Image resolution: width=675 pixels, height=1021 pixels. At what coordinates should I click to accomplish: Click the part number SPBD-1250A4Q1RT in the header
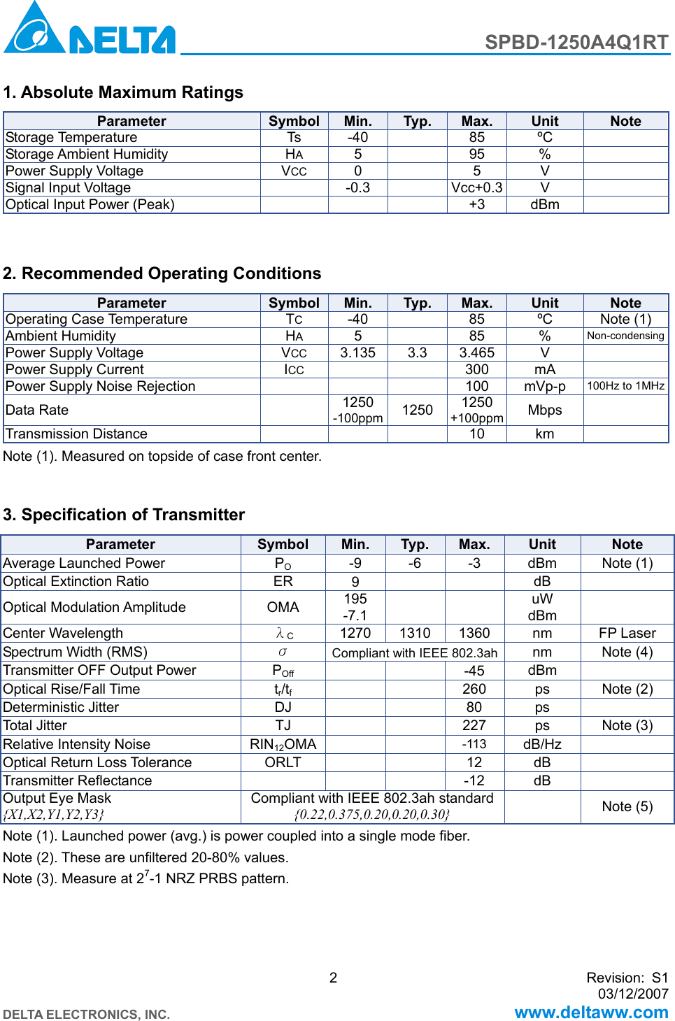(x=576, y=43)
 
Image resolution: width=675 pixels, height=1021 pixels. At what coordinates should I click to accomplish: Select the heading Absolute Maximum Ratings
(x=123, y=92)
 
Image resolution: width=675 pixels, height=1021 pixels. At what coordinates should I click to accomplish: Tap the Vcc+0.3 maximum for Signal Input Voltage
(x=476, y=187)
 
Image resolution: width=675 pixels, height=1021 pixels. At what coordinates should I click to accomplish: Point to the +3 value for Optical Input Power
(x=476, y=204)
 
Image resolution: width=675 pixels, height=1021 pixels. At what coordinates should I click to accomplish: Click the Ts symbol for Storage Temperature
(x=294, y=137)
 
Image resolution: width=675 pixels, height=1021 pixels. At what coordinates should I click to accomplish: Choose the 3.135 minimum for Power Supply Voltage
(x=357, y=352)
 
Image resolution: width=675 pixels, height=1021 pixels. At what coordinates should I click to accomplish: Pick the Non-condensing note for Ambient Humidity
(x=625, y=336)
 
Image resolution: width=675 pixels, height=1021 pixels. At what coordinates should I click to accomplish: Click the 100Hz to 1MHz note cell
(x=625, y=386)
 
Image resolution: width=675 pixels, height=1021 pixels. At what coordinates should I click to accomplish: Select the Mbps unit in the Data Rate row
(x=544, y=410)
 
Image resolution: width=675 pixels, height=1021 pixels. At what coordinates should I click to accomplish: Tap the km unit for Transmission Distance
(x=544, y=434)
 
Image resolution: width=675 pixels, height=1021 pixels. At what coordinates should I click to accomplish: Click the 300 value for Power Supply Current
(x=476, y=369)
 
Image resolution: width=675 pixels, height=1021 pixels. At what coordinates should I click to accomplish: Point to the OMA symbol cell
(x=283, y=607)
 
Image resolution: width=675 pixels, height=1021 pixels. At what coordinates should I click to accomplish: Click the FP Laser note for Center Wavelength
(x=627, y=633)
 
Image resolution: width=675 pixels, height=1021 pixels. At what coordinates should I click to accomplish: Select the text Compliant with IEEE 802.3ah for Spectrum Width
(x=414, y=652)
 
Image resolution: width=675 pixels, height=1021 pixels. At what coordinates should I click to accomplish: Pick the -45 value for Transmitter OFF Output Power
(x=474, y=671)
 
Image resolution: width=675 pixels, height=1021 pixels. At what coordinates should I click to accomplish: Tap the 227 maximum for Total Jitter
(x=474, y=725)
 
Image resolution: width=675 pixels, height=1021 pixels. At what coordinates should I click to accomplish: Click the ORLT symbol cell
(x=283, y=762)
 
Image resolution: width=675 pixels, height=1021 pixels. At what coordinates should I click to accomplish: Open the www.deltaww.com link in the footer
(x=591, y=1012)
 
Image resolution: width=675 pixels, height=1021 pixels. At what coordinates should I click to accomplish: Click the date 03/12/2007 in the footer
(x=633, y=994)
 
